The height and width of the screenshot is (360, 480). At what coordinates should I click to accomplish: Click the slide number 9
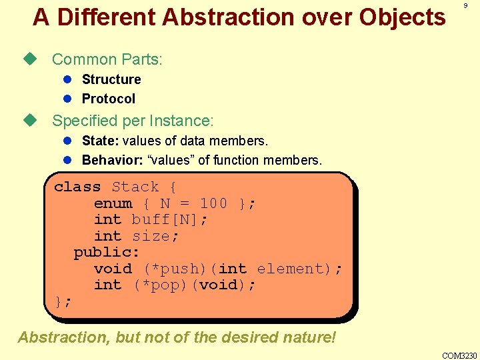(x=465, y=5)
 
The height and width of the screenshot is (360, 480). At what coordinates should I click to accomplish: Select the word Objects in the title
(x=403, y=17)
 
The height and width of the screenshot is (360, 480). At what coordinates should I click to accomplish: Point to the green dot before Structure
(x=67, y=79)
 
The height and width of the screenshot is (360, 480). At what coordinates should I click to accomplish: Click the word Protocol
(x=108, y=99)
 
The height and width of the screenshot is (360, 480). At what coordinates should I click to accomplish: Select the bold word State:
(x=100, y=141)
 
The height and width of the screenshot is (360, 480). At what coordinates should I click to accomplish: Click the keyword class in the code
(x=77, y=187)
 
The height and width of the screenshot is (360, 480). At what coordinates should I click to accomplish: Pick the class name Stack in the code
(x=135, y=187)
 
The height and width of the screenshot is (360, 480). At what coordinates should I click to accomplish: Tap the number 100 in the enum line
(x=213, y=203)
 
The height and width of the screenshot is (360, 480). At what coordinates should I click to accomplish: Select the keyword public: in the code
(x=107, y=252)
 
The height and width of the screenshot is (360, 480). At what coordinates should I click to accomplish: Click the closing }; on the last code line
(x=63, y=301)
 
